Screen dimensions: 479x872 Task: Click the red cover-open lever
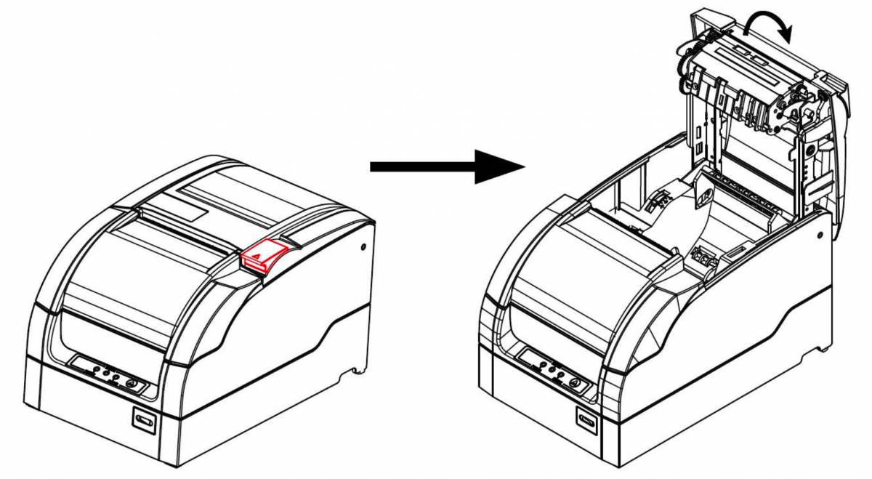264,256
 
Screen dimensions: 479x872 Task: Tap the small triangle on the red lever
261,255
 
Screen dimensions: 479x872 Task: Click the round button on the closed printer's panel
132,382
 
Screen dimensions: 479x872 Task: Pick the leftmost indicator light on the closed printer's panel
95,369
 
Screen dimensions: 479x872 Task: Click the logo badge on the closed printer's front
143,420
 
